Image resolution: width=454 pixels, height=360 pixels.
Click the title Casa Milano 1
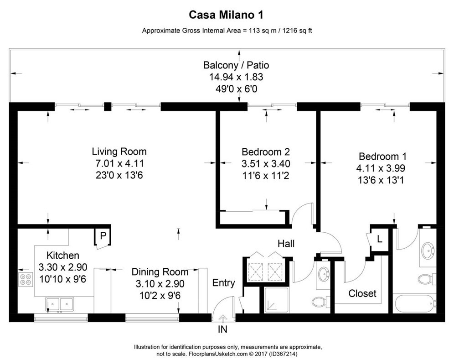point(227,15)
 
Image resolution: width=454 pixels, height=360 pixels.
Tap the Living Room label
point(119,151)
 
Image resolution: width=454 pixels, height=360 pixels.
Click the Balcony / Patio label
point(233,65)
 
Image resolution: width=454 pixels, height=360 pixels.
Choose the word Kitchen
point(63,256)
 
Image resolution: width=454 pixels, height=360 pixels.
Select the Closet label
point(362,293)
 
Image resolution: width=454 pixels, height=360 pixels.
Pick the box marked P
point(103,236)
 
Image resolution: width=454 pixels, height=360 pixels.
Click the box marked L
point(379,239)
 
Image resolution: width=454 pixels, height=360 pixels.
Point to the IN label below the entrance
point(222,328)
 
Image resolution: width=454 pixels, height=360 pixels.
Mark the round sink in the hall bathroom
point(324,274)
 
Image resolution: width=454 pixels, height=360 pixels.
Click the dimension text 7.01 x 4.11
point(119,163)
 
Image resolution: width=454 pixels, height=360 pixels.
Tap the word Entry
point(224,283)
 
